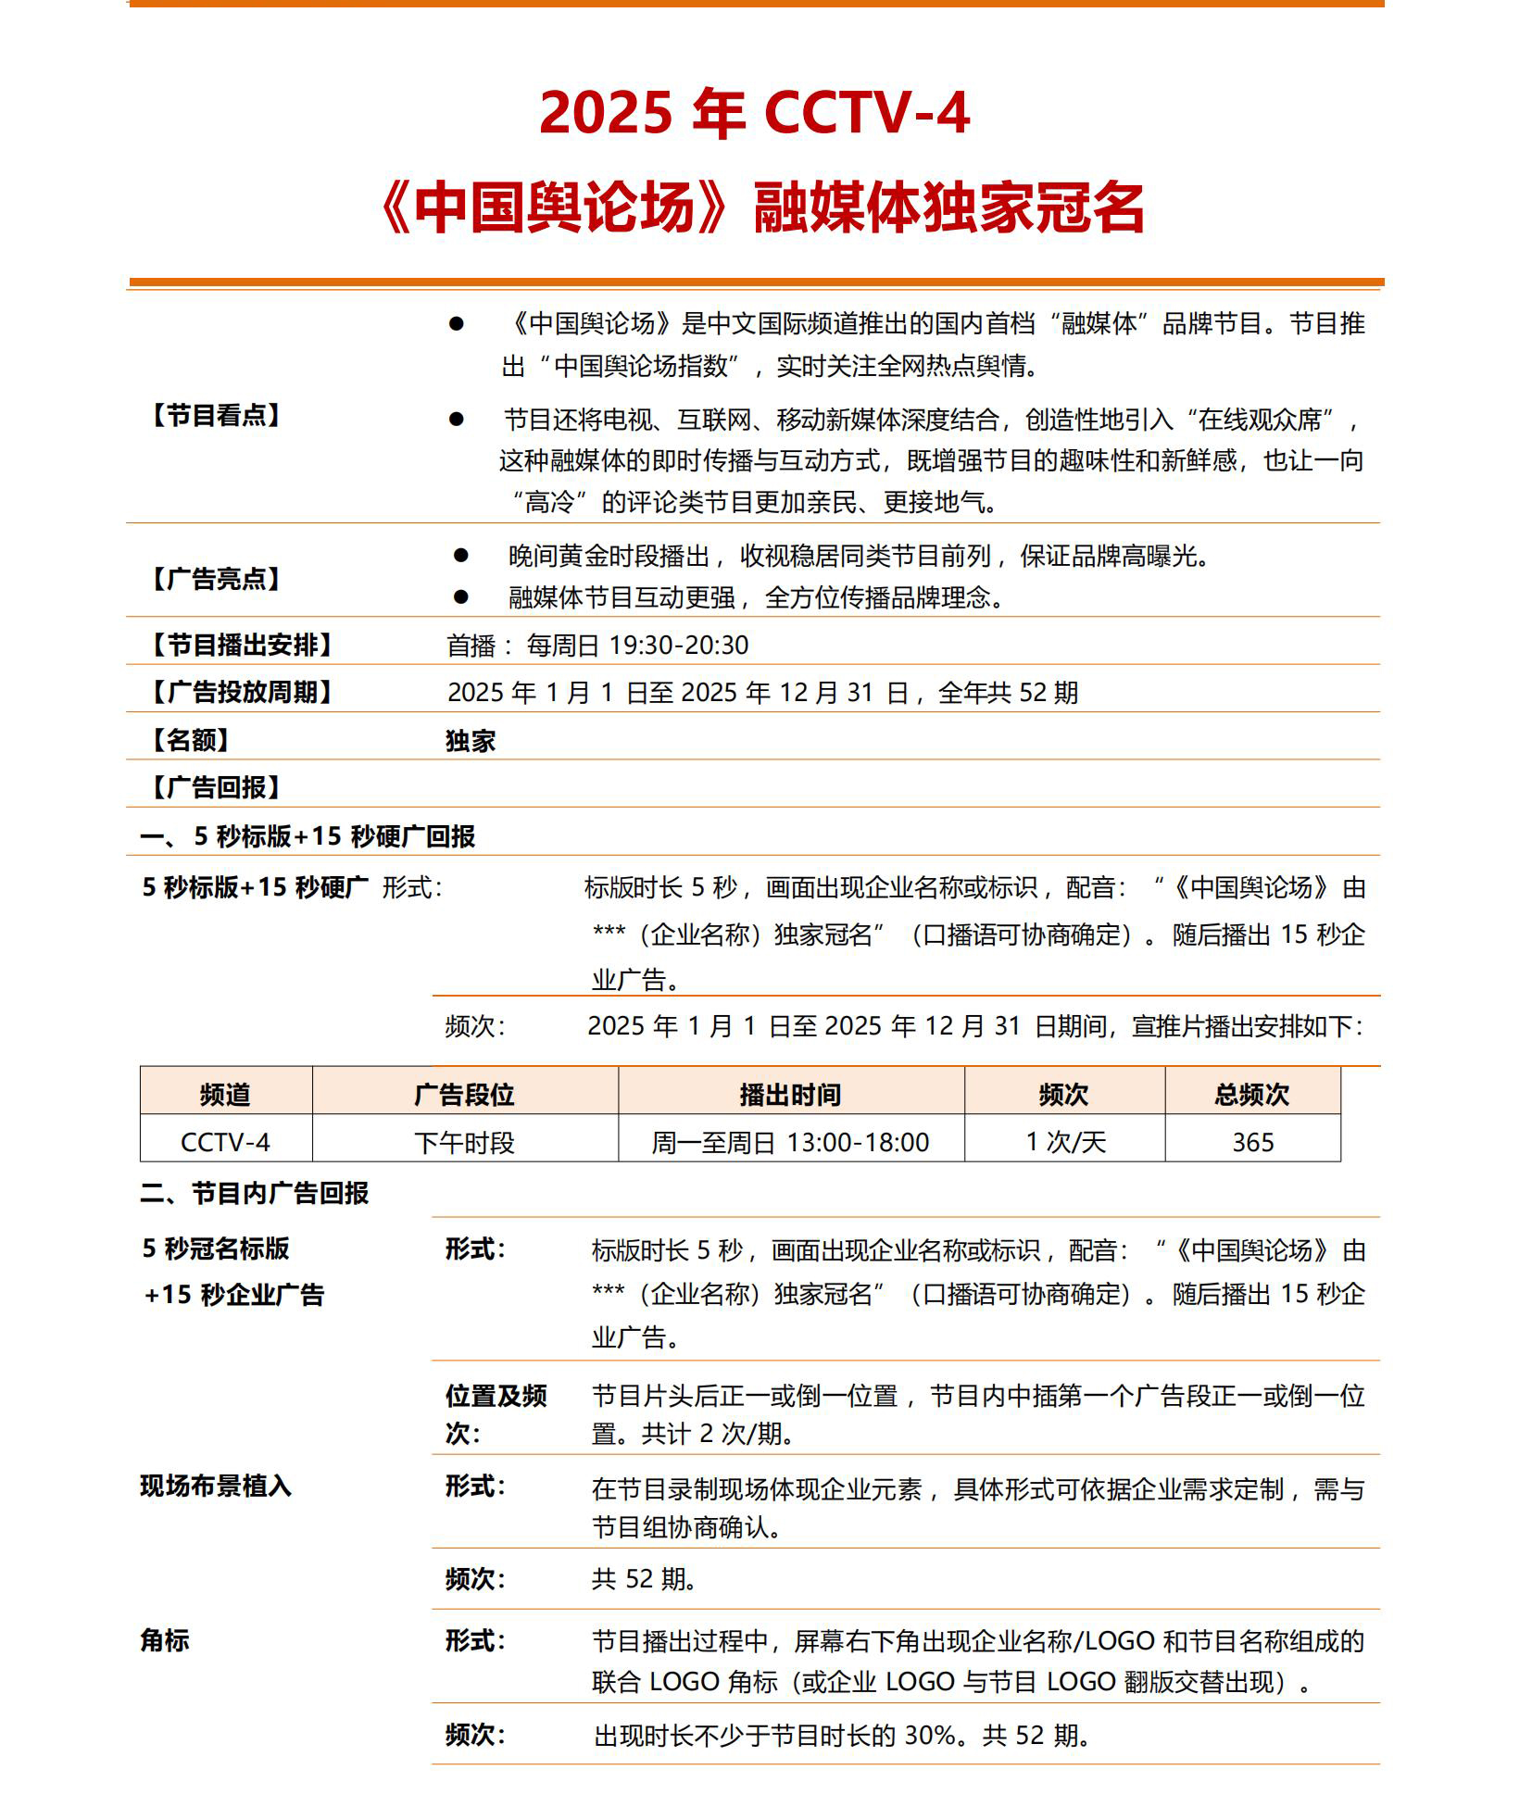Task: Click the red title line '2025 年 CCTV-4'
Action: click(754, 113)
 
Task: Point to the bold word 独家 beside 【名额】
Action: click(471, 741)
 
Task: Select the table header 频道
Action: click(225, 1095)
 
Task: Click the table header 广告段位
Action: click(464, 1095)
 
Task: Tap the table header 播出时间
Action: click(790, 1095)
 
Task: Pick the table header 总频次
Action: click(1251, 1095)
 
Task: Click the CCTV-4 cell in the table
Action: click(225, 1143)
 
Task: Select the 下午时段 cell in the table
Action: click(464, 1143)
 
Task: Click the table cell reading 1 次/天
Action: click(1065, 1143)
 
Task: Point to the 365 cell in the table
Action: click(1252, 1143)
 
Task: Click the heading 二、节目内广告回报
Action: click(255, 1193)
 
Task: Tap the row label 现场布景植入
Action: click(216, 1487)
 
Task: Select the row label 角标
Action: click(165, 1640)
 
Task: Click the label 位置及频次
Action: click(496, 1414)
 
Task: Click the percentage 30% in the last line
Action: click(929, 1735)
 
